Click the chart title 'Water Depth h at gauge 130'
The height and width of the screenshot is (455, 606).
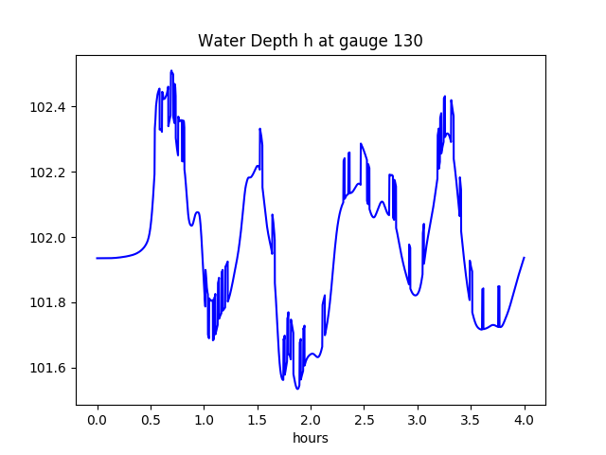click(310, 42)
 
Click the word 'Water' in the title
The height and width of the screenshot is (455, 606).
click(220, 42)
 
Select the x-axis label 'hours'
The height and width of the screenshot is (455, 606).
click(310, 439)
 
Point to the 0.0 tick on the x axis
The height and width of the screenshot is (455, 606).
click(98, 420)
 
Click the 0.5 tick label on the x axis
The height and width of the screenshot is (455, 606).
click(151, 420)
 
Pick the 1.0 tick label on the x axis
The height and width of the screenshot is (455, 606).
click(204, 420)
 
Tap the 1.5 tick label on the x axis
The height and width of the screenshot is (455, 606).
click(258, 420)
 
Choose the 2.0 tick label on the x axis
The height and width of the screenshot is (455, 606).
click(311, 420)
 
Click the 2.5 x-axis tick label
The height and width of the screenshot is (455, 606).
click(365, 420)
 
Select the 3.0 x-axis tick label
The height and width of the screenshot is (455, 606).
click(418, 420)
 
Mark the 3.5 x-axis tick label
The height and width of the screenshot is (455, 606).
click(471, 420)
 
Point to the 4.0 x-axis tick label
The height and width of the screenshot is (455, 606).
click(525, 420)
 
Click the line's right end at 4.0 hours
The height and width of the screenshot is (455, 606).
click(524, 258)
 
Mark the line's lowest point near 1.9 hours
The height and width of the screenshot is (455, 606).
click(297, 389)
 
